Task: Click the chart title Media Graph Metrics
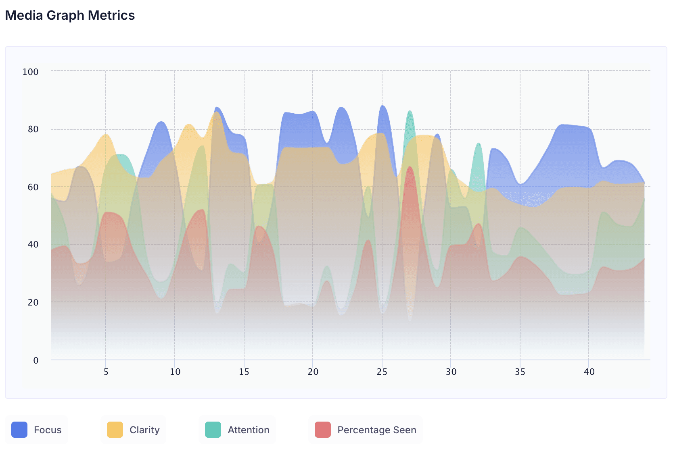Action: coord(70,15)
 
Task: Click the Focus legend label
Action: coord(48,430)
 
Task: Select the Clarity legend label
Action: coord(144,430)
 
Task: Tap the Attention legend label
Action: coord(249,430)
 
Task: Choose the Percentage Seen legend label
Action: coord(377,430)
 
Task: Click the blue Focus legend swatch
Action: coord(19,430)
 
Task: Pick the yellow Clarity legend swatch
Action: coord(115,430)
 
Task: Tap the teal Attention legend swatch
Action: coord(213,430)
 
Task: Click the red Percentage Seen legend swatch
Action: coord(323,430)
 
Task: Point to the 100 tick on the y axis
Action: coord(31,72)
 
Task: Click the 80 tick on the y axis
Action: coord(33,129)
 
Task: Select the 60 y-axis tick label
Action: coord(33,187)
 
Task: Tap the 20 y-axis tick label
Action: coord(33,302)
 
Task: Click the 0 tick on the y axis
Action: coord(36,360)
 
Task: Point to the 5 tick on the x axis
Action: coord(106,372)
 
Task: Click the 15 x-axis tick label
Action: coord(244,372)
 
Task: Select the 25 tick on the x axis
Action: coord(382,372)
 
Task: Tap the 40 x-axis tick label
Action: coord(589,372)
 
